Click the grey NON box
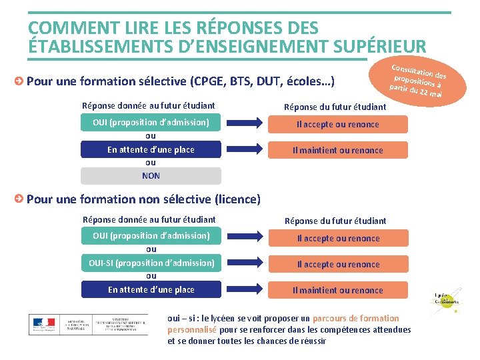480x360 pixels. [x=151, y=176]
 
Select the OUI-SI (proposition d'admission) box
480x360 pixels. [x=151, y=263]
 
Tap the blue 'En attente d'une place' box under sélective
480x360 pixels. [x=151, y=150]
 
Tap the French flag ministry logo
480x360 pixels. [x=44, y=325]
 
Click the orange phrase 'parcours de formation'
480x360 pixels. [x=355, y=318]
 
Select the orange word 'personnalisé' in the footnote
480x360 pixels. [x=192, y=329]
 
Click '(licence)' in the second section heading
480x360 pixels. [x=237, y=199]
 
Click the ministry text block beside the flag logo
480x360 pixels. [x=107, y=325]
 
